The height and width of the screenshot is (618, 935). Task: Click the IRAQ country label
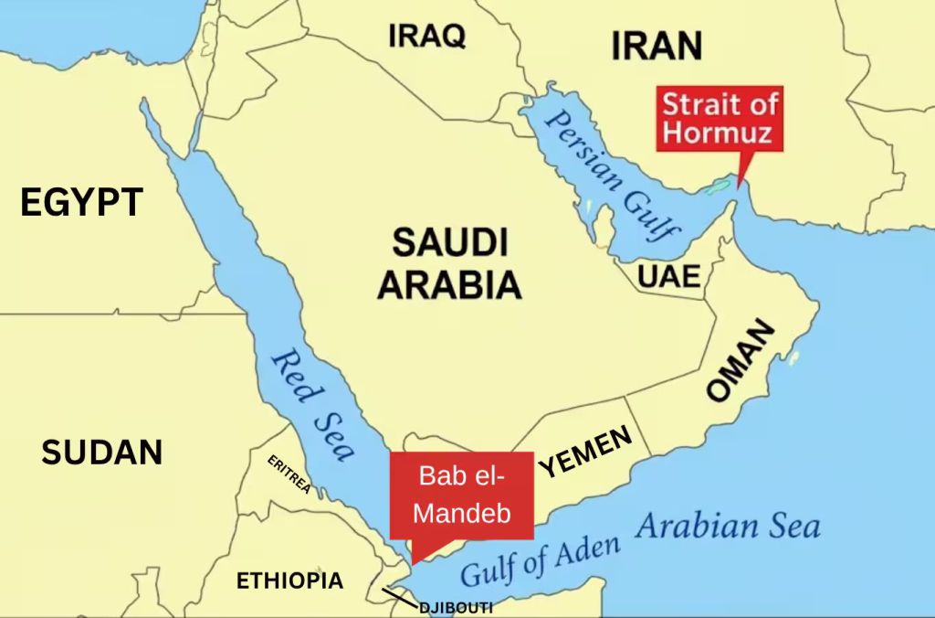pyautogui.click(x=426, y=37)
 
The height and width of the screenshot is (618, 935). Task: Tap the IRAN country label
pyautogui.click(x=657, y=45)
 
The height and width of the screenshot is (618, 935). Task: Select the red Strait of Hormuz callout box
pyautogui.click(x=720, y=118)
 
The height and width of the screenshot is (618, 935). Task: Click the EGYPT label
pyautogui.click(x=81, y=202)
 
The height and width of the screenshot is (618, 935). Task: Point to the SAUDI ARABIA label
pyautogui.click(x=449, y=265)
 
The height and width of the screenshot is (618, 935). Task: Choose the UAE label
pyautogui.click(x=669, y=276)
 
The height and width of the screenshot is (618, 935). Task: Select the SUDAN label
pyautogui.click(x=101, y=452)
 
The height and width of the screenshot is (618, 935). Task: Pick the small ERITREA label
pyautogui.click(x=289, y=474)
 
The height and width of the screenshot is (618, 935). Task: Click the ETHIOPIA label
pyautogui.click(x=289, y=581)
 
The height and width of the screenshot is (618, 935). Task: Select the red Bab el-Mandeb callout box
pyautogui.click(x=461, y=495)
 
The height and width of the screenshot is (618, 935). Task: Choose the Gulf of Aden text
pyautogui.click(x=539, y=559)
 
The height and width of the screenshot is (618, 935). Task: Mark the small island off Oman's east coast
pyautogui.click(x=793, y=357)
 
